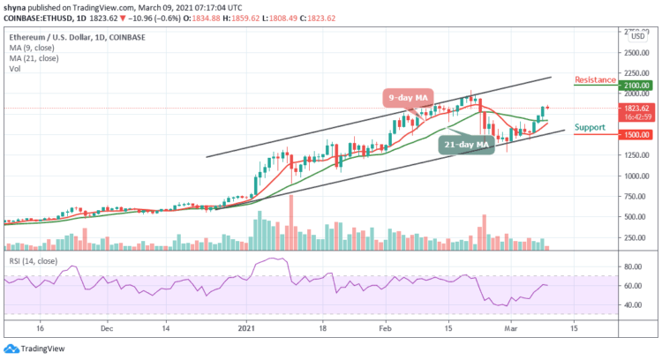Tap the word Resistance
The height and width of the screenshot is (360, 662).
[x=595, y=79]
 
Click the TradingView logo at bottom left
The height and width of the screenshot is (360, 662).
[x=32, y=346]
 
